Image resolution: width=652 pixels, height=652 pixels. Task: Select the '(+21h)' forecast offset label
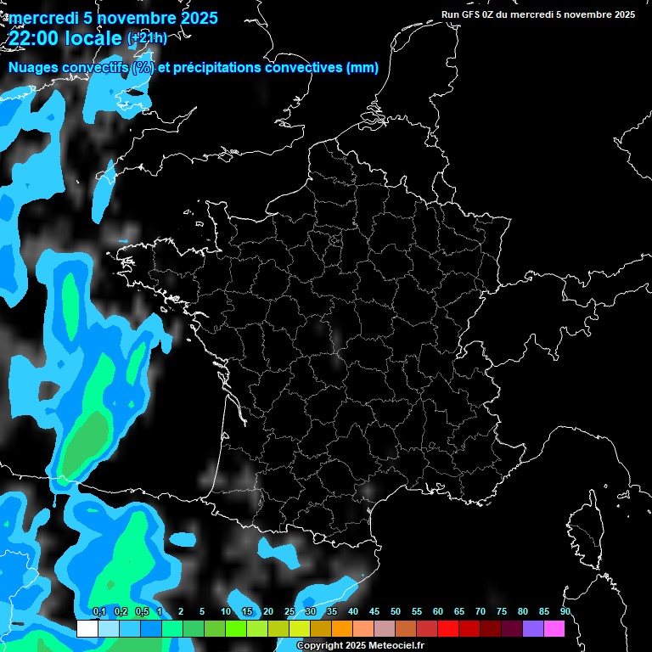147,38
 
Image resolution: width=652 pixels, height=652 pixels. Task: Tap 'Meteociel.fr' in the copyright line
396,645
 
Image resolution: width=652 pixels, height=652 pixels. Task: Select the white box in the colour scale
87,628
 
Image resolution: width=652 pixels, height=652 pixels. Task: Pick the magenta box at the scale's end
554,628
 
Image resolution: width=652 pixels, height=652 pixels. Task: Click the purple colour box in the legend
533,628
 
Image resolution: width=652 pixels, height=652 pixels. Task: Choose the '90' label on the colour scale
565,612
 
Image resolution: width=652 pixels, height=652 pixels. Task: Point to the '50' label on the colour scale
396,612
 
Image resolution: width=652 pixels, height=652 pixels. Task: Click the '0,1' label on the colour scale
99,612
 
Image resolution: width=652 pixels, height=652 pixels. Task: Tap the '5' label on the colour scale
202,612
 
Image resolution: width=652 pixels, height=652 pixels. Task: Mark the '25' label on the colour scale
289,612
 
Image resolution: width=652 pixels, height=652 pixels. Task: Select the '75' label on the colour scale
502,612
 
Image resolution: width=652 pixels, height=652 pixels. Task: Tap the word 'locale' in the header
93,38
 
